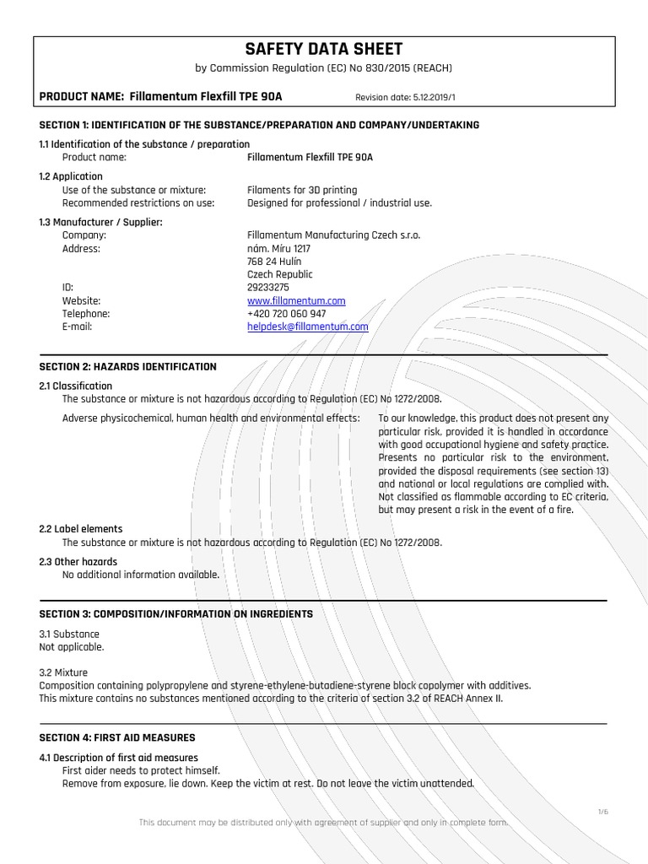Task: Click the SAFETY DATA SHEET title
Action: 323,50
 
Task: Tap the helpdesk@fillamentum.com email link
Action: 307,327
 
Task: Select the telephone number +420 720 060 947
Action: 286,314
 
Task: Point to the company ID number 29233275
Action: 267,288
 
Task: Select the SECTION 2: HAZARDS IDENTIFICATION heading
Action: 128,367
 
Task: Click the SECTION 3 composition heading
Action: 176,614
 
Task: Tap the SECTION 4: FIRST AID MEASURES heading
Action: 117,737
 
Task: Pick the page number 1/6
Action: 602,812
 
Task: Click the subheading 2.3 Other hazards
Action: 78,562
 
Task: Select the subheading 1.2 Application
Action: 71,177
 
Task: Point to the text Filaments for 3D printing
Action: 302,190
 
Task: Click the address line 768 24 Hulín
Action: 274,262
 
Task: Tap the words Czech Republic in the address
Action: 279,274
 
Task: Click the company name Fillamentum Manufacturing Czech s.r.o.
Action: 333,235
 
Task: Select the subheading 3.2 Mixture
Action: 63,673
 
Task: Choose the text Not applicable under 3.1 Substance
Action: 72,647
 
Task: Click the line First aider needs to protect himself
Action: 141,770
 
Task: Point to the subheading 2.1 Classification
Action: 76,386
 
